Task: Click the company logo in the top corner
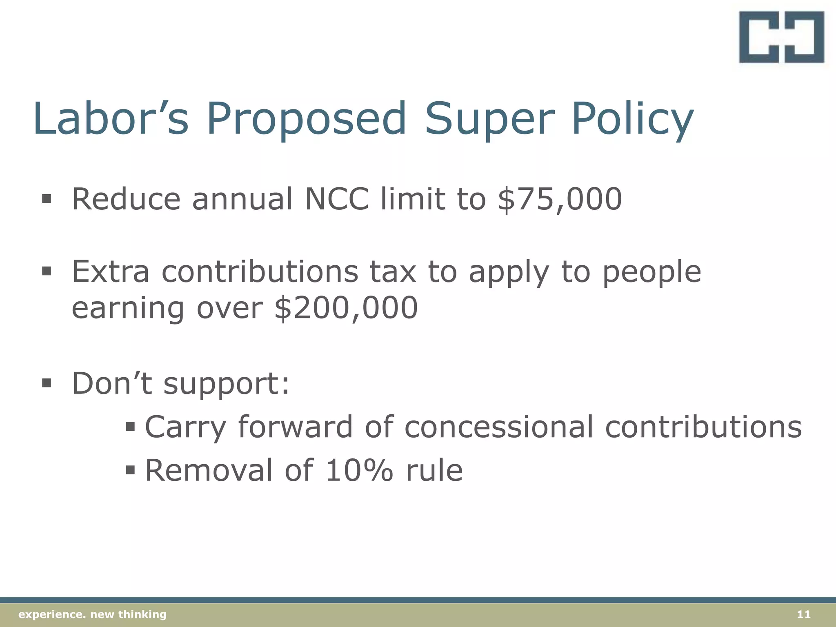click(781, 37)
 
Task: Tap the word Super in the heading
click(489, 120)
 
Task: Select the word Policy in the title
click(632, 120)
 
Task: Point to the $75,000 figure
click(560, 199)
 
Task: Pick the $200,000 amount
click(346, 308)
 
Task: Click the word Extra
click(111, 271)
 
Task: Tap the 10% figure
click(359, 470)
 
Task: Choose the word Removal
click(209, 470)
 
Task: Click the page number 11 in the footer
click(803, 614)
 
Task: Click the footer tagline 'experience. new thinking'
click(93, 614)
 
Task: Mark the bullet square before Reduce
click(47, 199)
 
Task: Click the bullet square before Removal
click(130, 470)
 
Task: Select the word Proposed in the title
click(307, 120)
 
